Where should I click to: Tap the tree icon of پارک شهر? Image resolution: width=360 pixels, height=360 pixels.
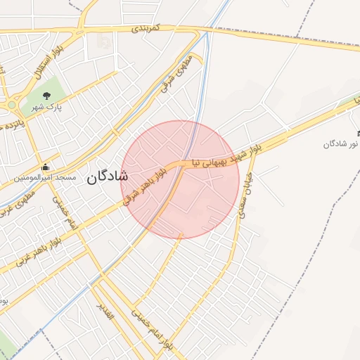[46, 96]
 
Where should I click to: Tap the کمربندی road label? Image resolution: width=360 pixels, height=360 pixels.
[147, 29]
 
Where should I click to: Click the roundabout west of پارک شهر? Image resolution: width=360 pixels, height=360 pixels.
[12, 105]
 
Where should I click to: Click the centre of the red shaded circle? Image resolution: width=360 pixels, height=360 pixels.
[180, 179]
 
